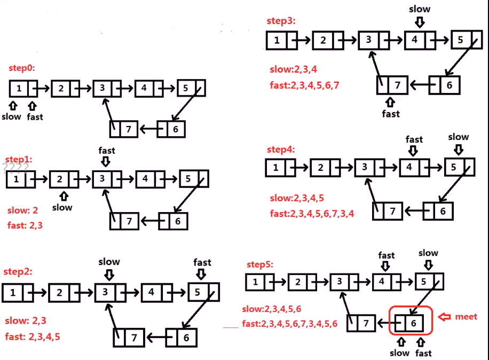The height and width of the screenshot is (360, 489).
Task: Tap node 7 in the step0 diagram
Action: point(125,129)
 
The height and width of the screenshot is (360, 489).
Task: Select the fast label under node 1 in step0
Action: point(35,116)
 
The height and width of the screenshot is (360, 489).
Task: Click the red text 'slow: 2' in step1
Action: point(23,210)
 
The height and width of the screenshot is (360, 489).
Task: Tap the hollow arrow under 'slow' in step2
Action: point(109,275)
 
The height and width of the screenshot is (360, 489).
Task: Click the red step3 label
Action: point(281,21)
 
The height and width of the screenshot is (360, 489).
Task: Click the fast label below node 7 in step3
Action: point(391,113)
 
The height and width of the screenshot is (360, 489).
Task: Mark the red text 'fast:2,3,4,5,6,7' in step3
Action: point(304,85)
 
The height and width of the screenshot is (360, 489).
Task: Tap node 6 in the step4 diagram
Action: point(438,210)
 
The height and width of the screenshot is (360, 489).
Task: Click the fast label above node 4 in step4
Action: point(414,139)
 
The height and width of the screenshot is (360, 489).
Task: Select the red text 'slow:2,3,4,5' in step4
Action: point(296,198)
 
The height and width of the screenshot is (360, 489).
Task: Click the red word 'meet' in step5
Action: point(466,317)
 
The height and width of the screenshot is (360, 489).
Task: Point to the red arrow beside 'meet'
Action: point(444,317)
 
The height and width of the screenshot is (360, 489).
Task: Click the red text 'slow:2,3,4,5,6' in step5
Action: point(272,309)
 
